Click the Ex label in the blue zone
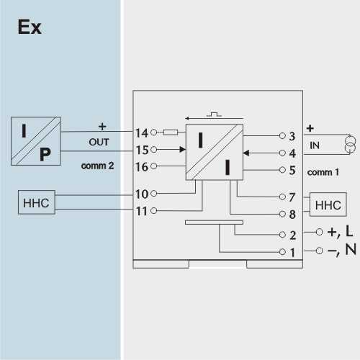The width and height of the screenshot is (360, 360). pos(30,27)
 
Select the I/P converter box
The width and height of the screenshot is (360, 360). pos(36,141)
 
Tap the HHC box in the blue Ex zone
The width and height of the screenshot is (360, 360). pos(37,202)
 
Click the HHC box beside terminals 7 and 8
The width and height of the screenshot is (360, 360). pos(328,204)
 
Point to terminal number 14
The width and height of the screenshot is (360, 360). pos(142,132)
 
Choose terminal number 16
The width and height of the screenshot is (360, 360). pos(142,167)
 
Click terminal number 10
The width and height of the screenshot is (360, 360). pos(142,194)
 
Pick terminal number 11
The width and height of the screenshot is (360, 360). pos(142,211)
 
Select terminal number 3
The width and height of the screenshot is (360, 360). pos(292,136)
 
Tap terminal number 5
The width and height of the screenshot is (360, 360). pos(292,171)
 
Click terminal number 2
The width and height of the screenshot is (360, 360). pos(292,235)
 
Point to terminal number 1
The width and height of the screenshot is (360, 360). pos(292,253)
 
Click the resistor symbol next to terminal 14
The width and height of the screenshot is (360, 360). pos(171,132)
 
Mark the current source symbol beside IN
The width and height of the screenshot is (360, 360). pos(350,144)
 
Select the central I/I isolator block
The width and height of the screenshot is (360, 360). pos(215,152)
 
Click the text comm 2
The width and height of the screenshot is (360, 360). pos(97,166)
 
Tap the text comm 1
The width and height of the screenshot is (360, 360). pos(323,172)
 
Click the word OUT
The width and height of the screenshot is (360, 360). pos(99,142)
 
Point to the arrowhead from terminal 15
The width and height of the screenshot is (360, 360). pos(183,150)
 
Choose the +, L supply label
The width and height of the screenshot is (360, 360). pos(340,232)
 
